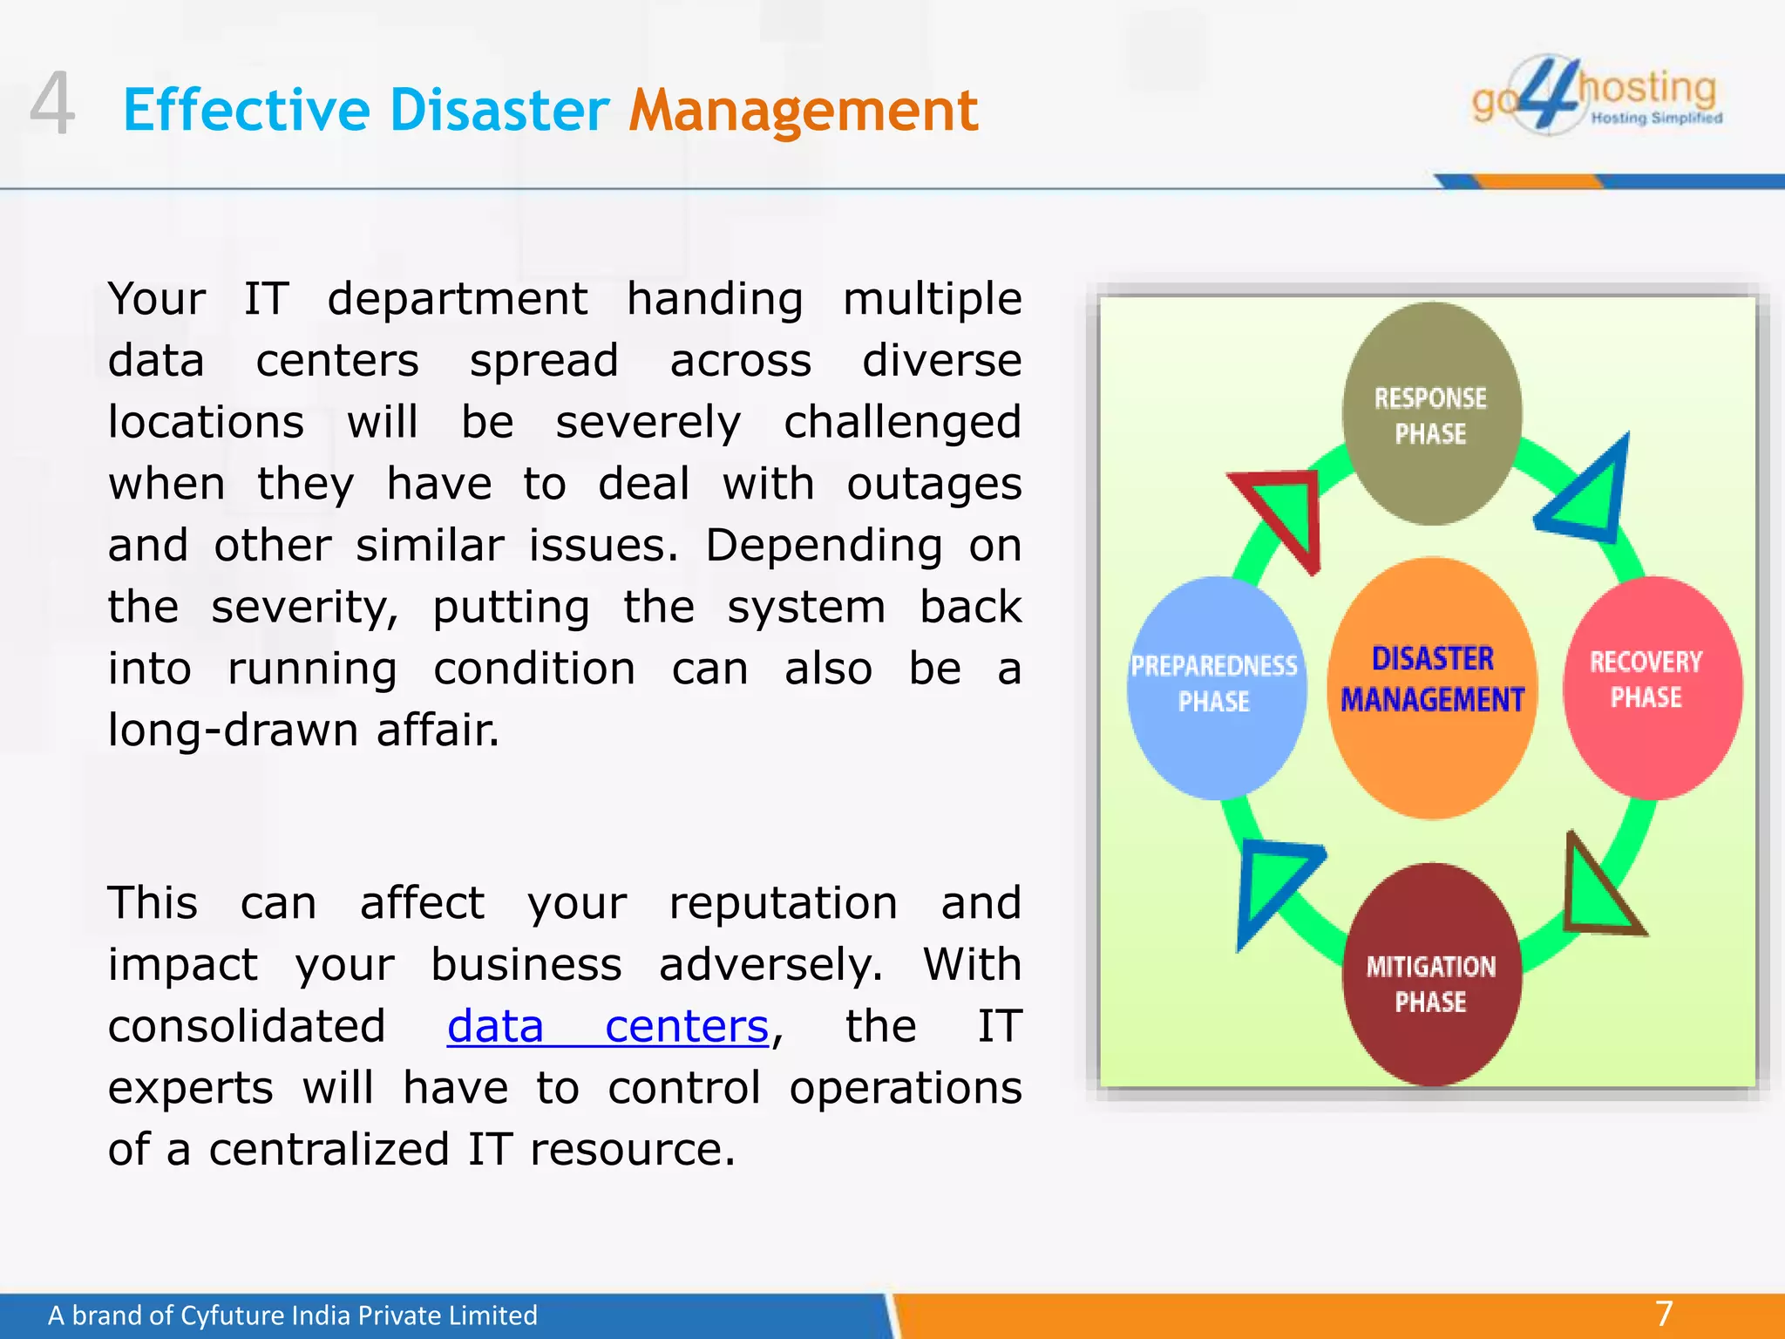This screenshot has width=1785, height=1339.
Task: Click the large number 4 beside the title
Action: [x=51, y=105]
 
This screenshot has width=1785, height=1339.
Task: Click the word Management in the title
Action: [x=803, y=111]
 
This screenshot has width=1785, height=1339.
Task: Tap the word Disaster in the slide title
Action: [x=499, y=111]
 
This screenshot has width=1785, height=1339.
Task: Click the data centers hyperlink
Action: [x=607, y=1026]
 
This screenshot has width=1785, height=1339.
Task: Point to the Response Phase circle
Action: [x=1431, y=415]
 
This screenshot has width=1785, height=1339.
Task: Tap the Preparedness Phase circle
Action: [x=1215, y=687]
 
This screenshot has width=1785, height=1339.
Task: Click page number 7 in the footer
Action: [x=1664, y=1313]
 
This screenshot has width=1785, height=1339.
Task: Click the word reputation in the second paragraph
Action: [x=783, y=902]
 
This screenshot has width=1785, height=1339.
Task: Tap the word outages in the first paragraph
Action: [x=933, y=484]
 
